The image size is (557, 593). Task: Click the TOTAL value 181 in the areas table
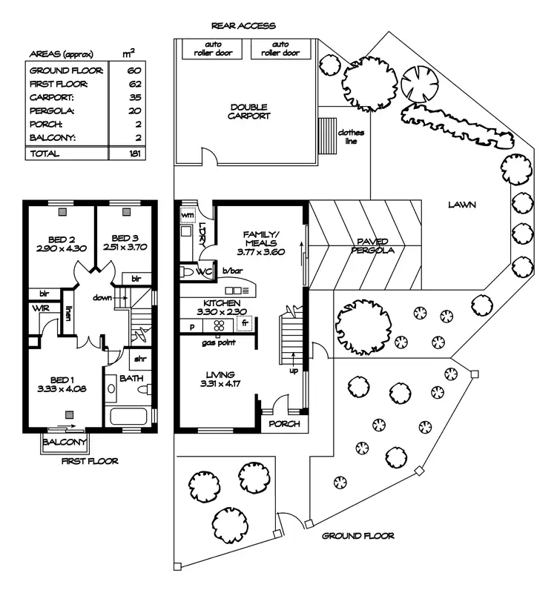coord(135,153)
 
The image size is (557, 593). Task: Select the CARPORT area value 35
coord(135,97)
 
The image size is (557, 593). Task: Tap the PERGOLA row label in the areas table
coord(52,110)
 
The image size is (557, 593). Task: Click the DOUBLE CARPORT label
coord(249,112)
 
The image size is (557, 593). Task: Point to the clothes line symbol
coord(327,136)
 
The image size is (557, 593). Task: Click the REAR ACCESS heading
coord(243,26)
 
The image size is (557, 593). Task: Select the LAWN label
coord(462,205)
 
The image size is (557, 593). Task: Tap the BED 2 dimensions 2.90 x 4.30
coord(62,248)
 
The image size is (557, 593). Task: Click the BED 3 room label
coord(125,238)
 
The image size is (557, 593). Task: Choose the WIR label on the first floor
coord(41,308)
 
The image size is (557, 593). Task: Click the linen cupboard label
coord(67,313)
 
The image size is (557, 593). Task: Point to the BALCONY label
coord(65,442)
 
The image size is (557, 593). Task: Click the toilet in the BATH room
coord(145,389)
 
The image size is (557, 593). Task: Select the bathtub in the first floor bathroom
coord(128,417)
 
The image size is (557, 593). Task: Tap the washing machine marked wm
coord(188,215)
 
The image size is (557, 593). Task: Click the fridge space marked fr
coord(244,324)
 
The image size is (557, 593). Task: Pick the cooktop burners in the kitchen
coord(219,325)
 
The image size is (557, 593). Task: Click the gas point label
coord(218,343)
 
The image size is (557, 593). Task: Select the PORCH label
coord(284,424)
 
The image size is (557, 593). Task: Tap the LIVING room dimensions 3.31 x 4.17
coord(220,383)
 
